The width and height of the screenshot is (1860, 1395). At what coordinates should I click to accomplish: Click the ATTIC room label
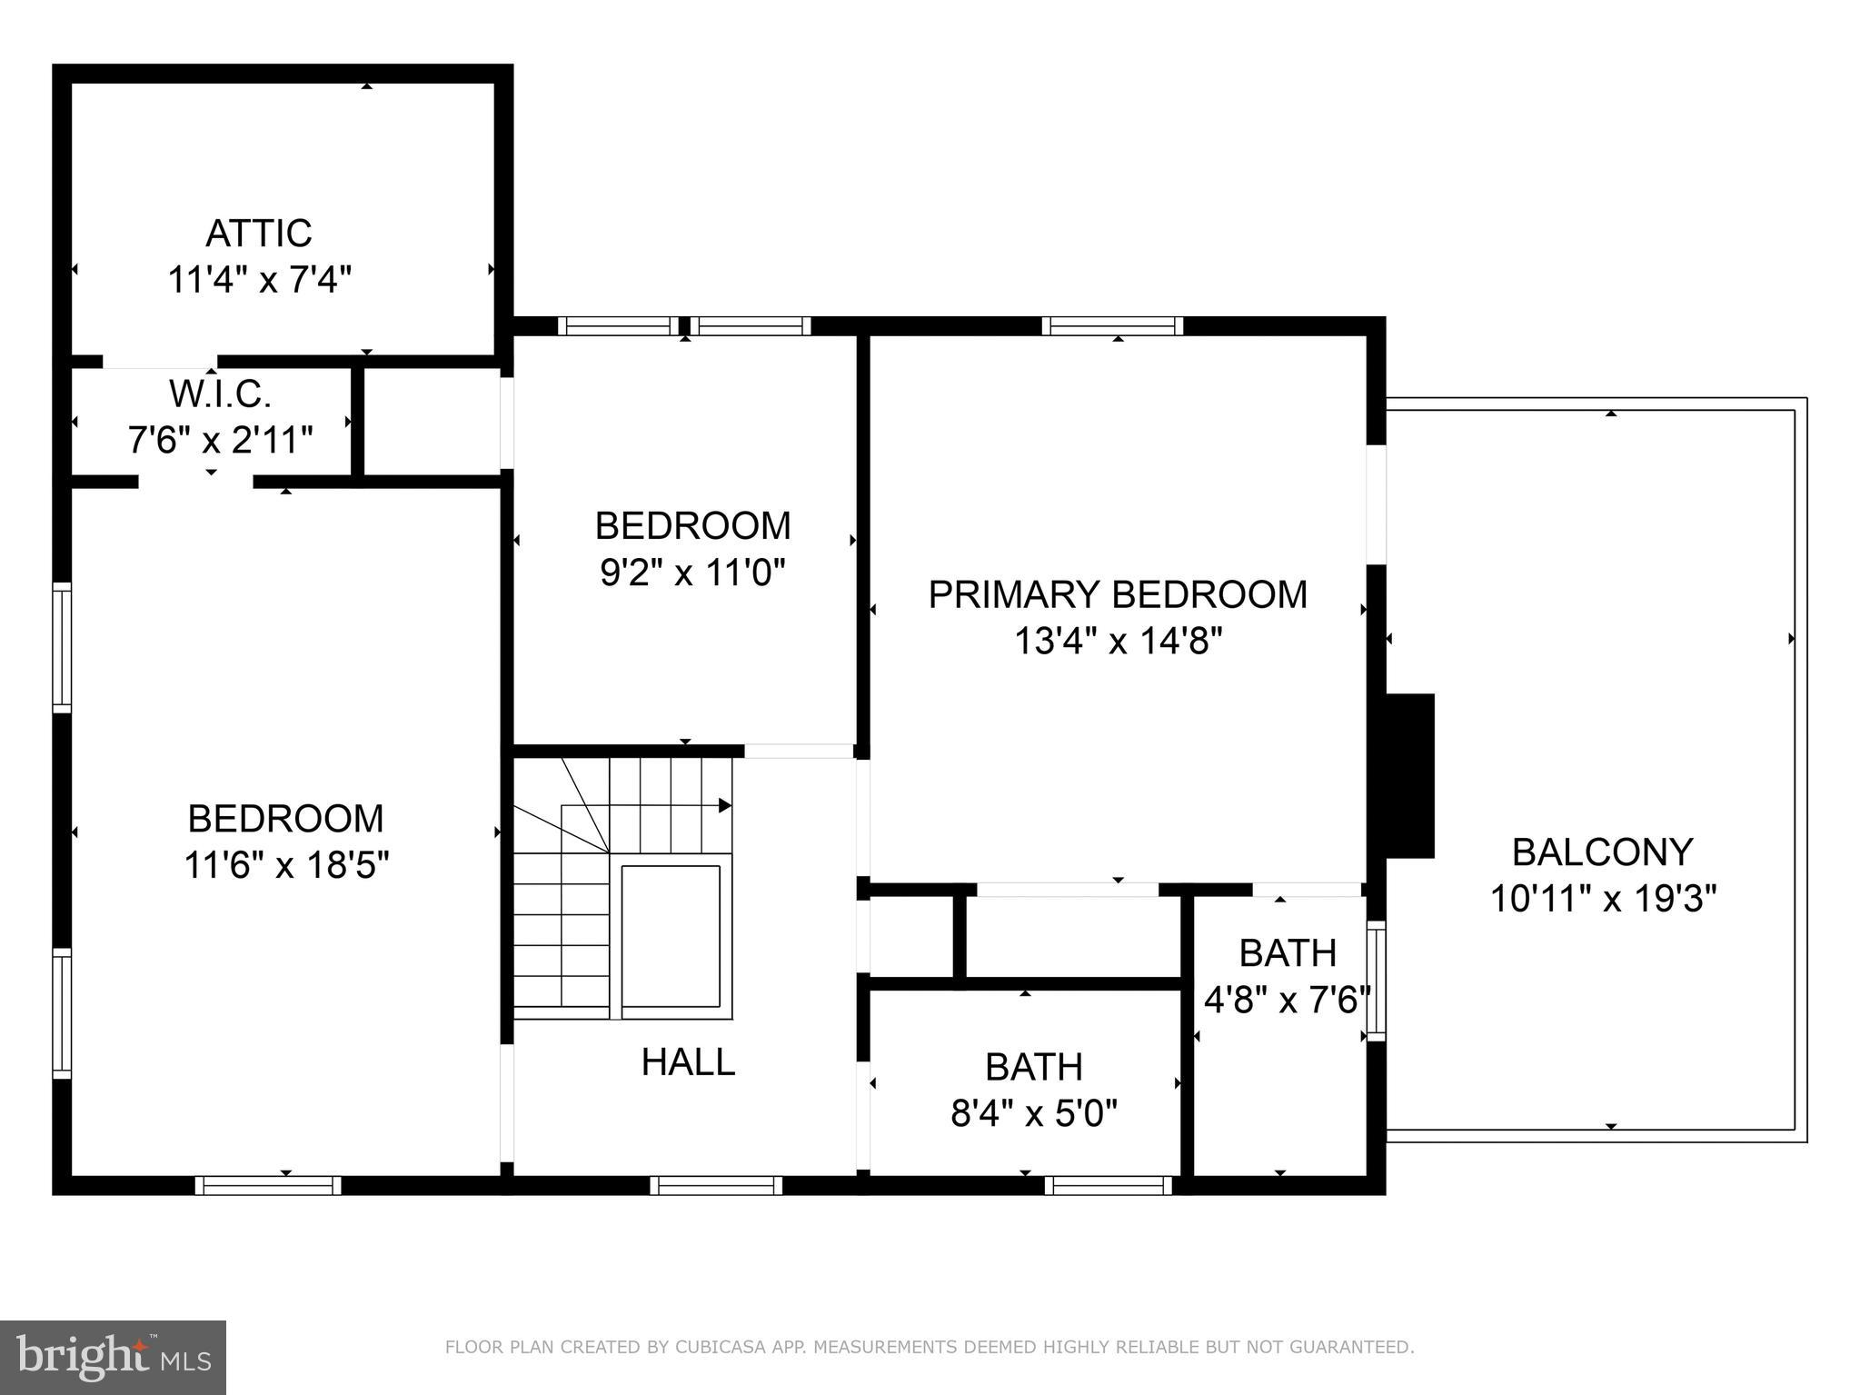pos(259,234)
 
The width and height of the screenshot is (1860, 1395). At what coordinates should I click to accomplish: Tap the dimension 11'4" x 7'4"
pos(259,280)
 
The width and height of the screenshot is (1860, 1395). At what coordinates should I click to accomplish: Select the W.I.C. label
pos(221,394)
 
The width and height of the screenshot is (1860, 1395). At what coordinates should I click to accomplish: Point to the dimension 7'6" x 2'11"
pos(221,441)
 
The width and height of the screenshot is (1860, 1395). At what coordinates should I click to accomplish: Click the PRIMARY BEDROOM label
pos(1118,594)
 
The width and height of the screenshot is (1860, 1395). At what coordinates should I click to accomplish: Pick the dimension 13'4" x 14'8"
pos(1118,642)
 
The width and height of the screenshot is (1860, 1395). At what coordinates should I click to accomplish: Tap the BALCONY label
pos(1602,852)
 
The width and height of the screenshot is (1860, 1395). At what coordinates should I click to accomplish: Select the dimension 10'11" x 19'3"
pos(1603,899)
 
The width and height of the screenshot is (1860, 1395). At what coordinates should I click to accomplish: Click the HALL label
pos(688,1061)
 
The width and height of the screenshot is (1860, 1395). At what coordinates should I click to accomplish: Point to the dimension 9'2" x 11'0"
pos(692,573)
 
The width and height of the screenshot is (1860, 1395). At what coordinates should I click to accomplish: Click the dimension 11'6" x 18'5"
pos(286,865)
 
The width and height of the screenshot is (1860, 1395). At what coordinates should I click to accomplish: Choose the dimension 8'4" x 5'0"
pos(1034,1112)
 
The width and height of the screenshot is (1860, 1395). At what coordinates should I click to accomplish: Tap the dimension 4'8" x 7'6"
pos(1287,1001)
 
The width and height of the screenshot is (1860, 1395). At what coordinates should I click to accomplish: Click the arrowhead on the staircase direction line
pos(725,805)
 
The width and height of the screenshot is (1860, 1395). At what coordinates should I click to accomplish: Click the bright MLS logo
pos(113,1357)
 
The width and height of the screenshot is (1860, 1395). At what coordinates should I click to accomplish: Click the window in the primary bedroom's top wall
pos(1112,326)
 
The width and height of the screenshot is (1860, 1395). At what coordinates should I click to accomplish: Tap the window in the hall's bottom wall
pos(716,1185)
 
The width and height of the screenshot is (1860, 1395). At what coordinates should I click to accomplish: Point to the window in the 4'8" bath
pos(1377,980)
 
